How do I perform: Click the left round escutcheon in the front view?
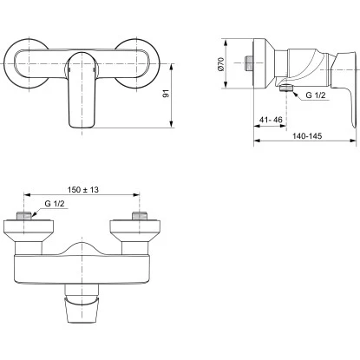click(x=30, y=62)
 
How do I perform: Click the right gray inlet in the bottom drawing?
click(x=135, y=216)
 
